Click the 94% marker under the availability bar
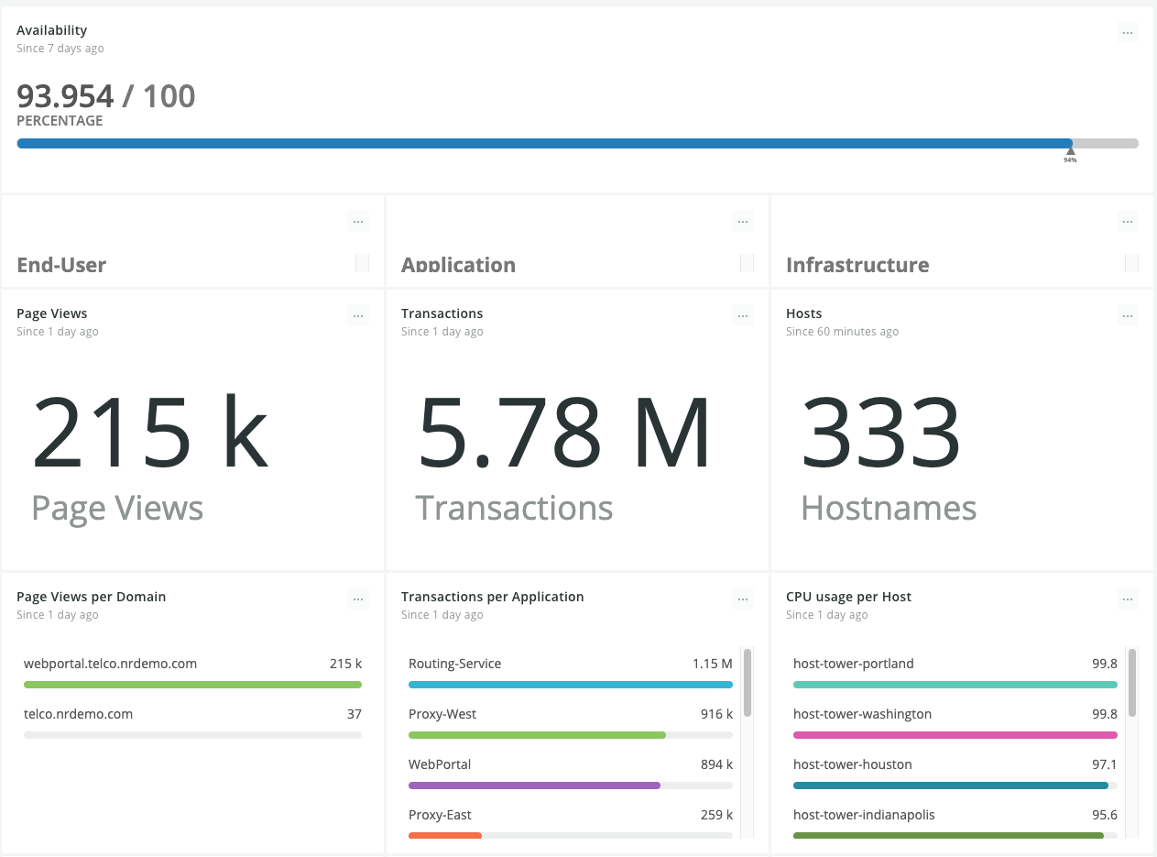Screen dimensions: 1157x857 [1070, 155]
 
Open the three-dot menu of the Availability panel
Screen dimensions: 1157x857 [1128, 33]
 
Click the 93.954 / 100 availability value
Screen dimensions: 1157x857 [106, 96]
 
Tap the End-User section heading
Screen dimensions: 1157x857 [61, 265]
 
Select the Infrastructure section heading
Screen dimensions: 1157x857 [857, 265]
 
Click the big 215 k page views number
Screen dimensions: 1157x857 [150, 431]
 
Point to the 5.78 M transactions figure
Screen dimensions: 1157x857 [563, 431]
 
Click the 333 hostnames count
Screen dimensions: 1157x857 [880, 431]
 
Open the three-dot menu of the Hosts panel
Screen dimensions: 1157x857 [1128, 316]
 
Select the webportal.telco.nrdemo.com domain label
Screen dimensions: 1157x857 [110, 664]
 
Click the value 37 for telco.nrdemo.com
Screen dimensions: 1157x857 [355, 713]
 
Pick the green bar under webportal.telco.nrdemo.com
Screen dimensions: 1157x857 [192, 685]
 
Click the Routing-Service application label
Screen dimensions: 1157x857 [454, 664]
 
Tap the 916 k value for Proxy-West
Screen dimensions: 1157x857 [716, 713]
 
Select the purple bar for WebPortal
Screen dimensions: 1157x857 [534, 785]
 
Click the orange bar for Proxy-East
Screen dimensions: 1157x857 [445, 835]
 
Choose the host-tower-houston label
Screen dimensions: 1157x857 [852, 764]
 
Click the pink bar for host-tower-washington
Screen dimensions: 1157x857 [955, 735]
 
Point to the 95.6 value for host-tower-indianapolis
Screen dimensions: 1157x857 [1104, 814]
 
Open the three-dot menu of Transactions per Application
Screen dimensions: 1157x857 [743, 599]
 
